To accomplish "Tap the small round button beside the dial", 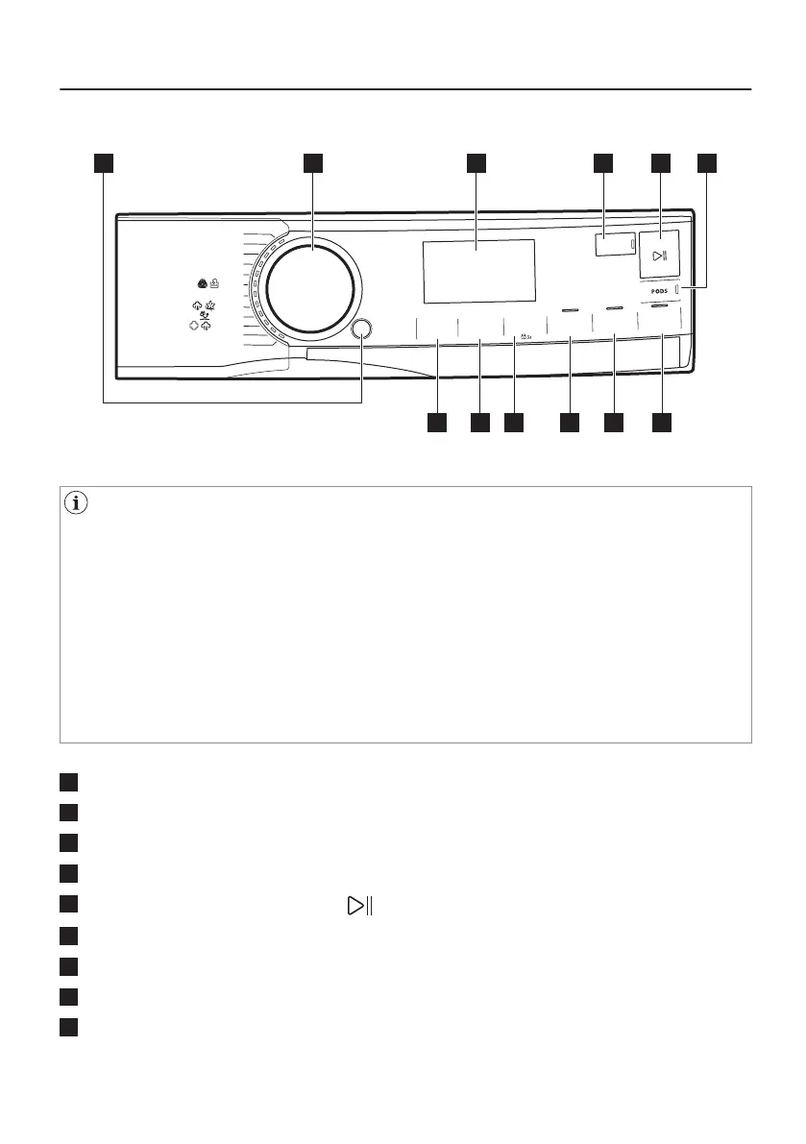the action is point(362,329).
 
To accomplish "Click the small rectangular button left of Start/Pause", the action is point(613,245).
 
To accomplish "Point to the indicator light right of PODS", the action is point(677,288).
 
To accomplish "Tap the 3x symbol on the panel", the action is point(525,336).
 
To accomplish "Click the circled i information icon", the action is point(72,500).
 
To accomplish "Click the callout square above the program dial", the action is point(312,162).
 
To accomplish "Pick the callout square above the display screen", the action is point(476,162).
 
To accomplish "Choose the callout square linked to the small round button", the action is point(104,162).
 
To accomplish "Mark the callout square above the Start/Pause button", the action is point(661,162).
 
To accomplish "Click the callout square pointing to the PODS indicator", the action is point(708,162).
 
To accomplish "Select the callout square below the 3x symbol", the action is point(516,423).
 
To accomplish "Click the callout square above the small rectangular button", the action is point(602,162).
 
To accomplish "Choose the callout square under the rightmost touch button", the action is point(662,423).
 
